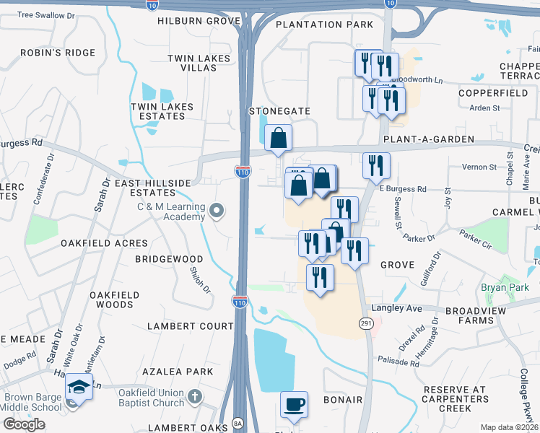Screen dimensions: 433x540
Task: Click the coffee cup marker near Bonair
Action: pos(294,405)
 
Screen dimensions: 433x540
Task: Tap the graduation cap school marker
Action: pos(79,388)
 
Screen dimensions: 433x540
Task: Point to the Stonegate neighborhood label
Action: pos(279,111)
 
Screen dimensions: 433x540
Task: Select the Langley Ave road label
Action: pos(417,308)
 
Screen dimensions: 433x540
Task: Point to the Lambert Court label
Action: pos(191,326)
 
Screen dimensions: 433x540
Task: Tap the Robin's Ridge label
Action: pos(58,53)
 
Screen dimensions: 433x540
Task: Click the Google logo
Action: pos(23,424)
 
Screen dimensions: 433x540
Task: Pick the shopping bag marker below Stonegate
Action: pos(278,138)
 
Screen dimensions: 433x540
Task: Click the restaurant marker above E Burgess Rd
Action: pos(376,165)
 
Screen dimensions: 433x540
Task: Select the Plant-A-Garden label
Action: pos(429,139)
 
